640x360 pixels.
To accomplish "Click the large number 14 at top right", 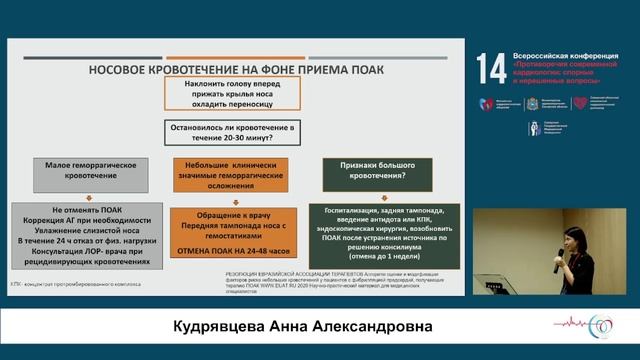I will click(x=493, y=69).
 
